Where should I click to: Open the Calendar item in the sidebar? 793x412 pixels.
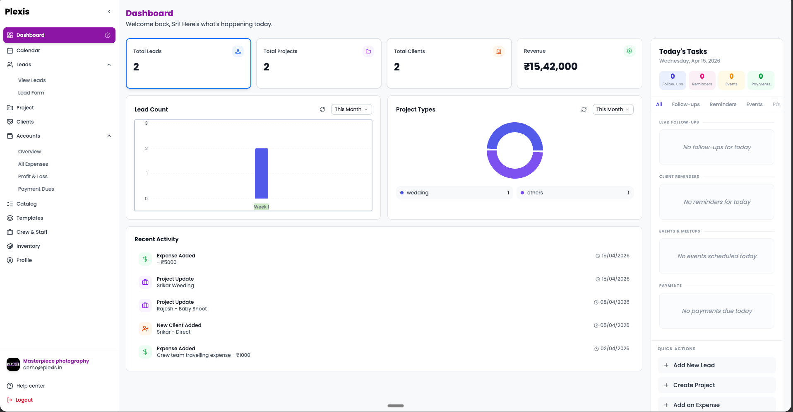click(x=28, y=51)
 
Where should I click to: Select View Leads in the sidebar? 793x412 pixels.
click(x=32, y=80)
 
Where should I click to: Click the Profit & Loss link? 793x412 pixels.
click(x=33, y=177)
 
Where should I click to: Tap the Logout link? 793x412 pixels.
click(x=24, y=400)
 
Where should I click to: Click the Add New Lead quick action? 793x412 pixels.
click(x=694, y=365)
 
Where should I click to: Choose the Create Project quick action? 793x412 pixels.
click(x=694, y=385)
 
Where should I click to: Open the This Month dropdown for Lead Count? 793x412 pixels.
click(x=351, y=109)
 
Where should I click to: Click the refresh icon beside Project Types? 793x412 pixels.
click(x=584, y=109)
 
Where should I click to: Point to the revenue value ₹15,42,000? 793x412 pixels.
click(x=550, y=67)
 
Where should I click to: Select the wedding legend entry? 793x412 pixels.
click(x=417, y=193)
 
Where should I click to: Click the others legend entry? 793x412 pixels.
click(x=535, y=193)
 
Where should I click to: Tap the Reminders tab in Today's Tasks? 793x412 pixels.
click(x=723, y=104)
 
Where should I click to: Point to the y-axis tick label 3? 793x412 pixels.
click(x=146, y=123)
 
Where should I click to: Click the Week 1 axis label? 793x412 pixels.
click(x=261, y=207)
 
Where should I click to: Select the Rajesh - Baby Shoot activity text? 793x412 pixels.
click(x=182, y=309)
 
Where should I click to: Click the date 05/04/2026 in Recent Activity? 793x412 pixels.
click(x=615, y=325)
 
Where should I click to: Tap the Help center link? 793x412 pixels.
click(x=31, y=386)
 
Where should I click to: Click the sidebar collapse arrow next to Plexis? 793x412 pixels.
click(x=109, y=12)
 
